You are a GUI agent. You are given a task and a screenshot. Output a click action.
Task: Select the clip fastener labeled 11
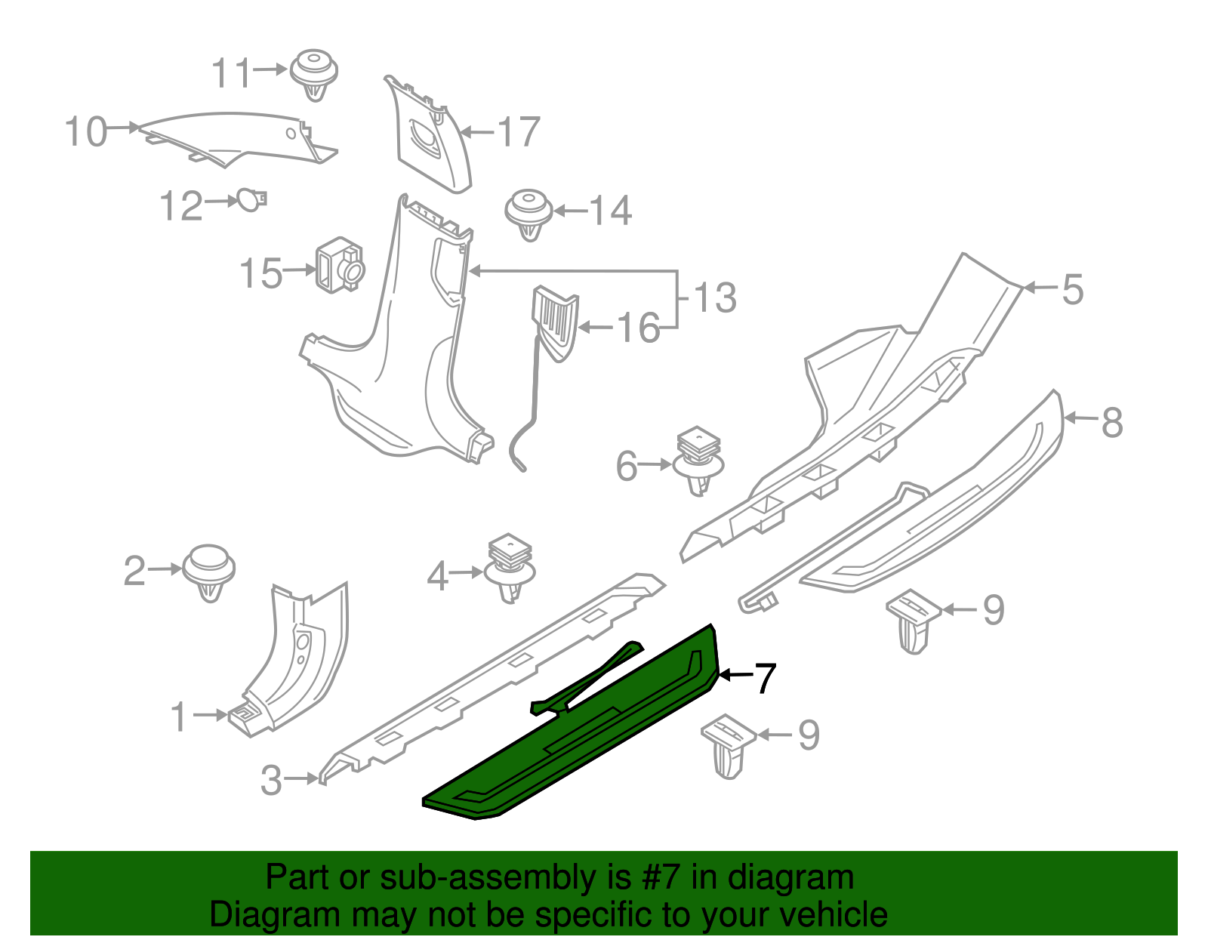313,73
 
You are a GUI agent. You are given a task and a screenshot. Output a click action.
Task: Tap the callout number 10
85,132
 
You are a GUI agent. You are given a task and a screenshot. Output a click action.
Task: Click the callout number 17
519,133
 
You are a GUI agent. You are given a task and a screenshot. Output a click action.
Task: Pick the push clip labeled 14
528,212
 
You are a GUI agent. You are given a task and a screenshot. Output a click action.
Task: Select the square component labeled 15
339,266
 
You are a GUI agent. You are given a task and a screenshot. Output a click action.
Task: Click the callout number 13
714,297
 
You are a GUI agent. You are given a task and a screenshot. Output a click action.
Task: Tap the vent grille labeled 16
556,321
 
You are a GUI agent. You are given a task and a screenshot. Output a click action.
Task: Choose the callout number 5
1072,290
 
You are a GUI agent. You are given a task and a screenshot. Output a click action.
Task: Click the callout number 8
1111,423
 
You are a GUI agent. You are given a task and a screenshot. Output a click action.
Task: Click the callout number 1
178,717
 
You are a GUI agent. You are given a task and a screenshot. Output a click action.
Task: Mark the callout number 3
270,780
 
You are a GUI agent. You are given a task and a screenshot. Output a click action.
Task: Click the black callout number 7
764,677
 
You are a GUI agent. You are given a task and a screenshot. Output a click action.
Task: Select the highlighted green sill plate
574,747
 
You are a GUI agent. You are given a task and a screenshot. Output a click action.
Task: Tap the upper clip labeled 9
914,618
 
